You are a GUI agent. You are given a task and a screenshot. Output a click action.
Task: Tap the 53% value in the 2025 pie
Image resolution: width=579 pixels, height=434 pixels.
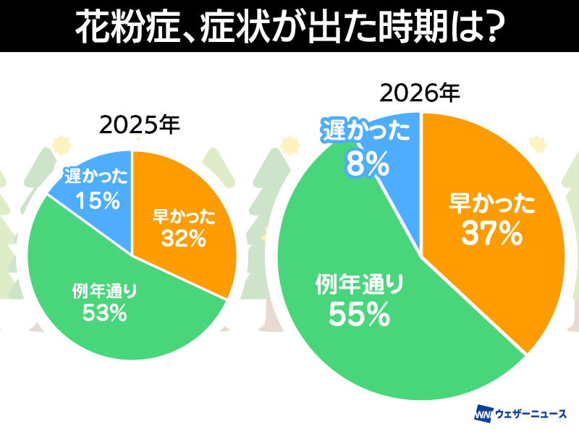pos(106,312)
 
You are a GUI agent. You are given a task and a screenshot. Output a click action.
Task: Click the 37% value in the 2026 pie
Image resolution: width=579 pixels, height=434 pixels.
pos(492,234)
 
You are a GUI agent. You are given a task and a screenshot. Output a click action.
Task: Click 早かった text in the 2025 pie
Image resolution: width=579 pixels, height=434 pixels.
pos(184,216)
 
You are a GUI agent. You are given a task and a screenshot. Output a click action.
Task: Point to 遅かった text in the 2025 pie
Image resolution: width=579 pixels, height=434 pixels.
pos(96,177)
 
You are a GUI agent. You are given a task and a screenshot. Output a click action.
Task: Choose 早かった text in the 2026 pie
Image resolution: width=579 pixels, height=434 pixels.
pos(492,203)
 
